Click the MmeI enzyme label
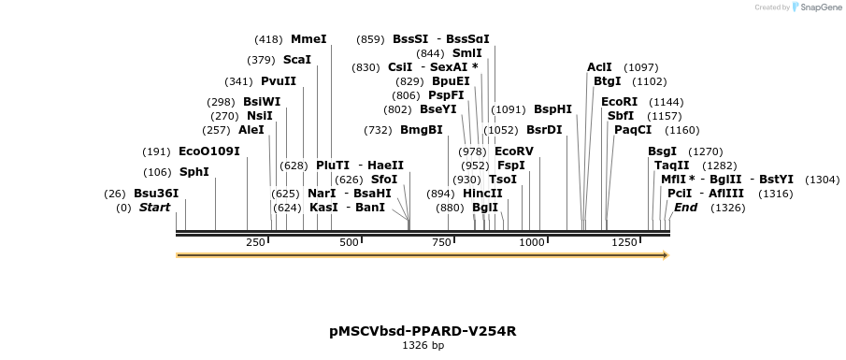pyautogui.click(x=308, y=39)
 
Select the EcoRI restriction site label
pyautogui.click(x=619, y=101)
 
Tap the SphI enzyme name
pyautogui.click(x=194, y=171)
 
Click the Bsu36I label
pyautogui.click(x=156, y=193)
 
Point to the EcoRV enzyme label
pyautogui.click(x=513, y=151)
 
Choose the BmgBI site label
pyautogui.click(x=421, y=129)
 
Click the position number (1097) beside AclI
pyautogui.click(x=640, y=67)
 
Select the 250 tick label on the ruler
pyautogui.click(x=255, y=242)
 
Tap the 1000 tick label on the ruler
pyautogui.click(x=531, y=242)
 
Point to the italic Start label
pyautogui.click(x=154, y=207)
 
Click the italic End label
pyautogui.click(x=685, y=207)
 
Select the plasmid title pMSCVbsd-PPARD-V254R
pyautogui.click(x=423, y=331)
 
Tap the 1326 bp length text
pyautogui.click(x=423, y=346)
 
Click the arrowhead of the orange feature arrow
pyautogui.click(x=665, y=254)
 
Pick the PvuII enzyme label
pyautogui.click(x=279, y=81)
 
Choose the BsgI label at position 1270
pyautogui.click(x=662, y=151)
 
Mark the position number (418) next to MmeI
pyautogui.click(x=268, y=39)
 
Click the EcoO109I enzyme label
pyautogui.click(x=208, y=151)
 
